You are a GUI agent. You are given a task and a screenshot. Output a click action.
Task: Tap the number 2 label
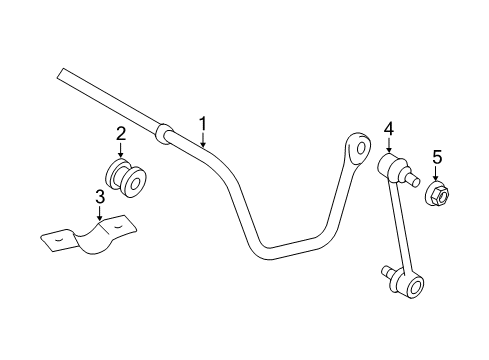click(121, 134)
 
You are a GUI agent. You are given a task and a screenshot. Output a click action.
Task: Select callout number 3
click(100, 196)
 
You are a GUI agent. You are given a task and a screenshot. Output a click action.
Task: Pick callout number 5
click(436, 156)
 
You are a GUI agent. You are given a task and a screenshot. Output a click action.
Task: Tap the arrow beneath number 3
click(100, 212)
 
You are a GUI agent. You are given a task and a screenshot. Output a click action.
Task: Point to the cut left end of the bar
click(64, 74)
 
